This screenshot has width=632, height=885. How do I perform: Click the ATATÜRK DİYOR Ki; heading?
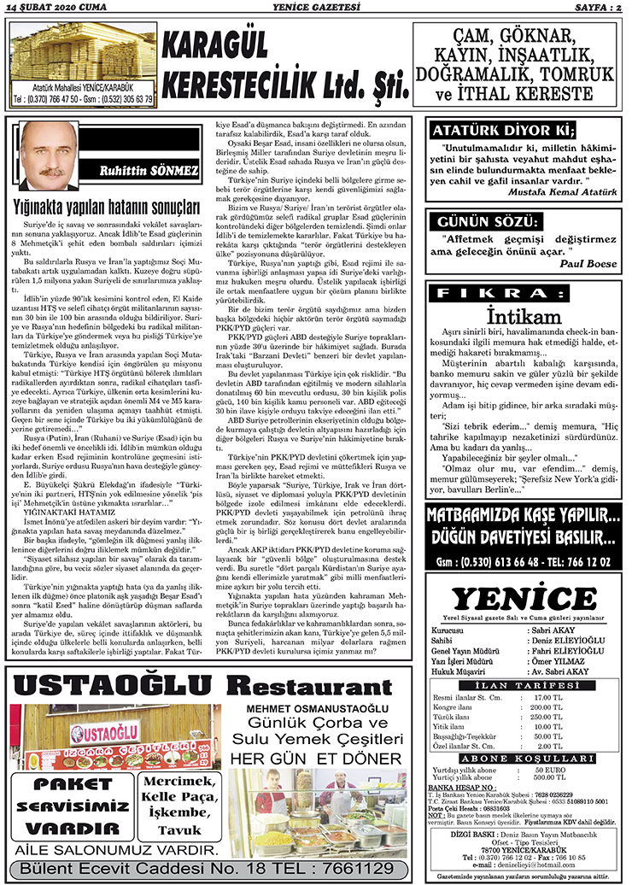point(500,131)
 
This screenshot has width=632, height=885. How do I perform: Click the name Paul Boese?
point(588,264)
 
